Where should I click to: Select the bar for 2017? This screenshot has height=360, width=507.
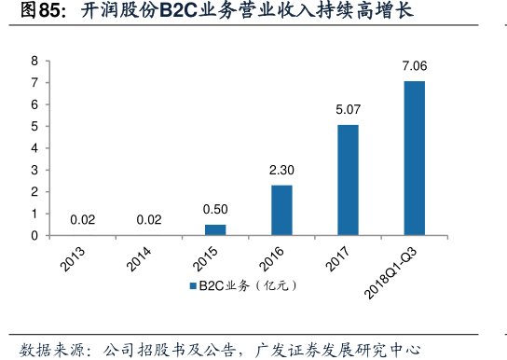pyautogui.click(x=348, y=180)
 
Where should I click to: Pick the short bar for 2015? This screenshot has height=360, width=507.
pyautogui.click(x=215, y=229)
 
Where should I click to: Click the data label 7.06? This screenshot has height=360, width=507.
pyautogui.click(x=414, y=66)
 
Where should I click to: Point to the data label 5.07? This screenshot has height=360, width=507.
pyautogui.click(x=348, y=110)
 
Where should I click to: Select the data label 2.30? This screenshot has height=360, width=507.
pyautogui.click(x=281, y=170)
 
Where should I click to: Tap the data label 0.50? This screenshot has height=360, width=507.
pyautogui.click(x=215, y=210)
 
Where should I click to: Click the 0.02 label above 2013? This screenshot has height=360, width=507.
pyautogui.click(x=82, y=220)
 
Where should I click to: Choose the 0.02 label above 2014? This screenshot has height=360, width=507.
pyautogui.click(x=148, y=220)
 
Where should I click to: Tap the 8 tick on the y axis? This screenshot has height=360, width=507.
pyautogui.click(x=34, y=61)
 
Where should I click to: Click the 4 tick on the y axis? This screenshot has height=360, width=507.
pyautogui.click(x=34, y=148)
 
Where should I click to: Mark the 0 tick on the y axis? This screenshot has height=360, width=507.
pyautogui.click(x=34, y=236)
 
